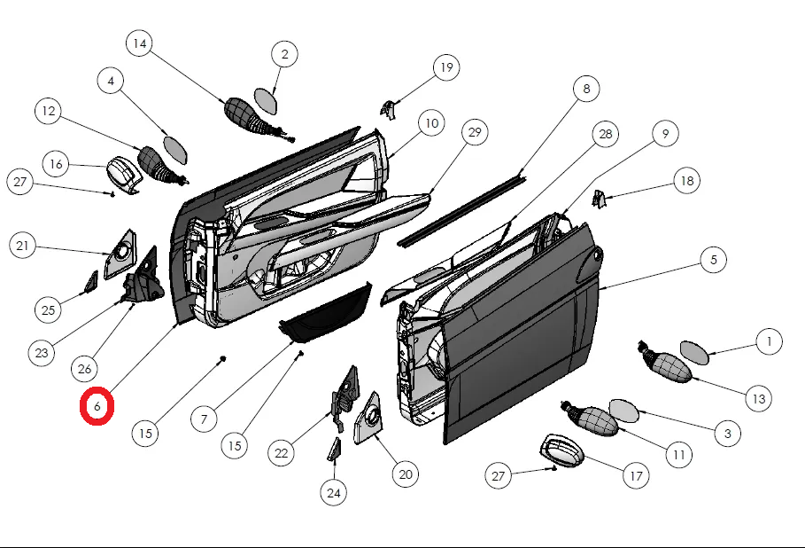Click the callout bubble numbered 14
[139, 43]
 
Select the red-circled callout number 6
[97, 406]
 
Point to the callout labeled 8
[585, 89]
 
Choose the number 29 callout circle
[475, 134]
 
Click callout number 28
[606, 135]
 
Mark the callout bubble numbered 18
[685, 181]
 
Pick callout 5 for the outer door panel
[713, 261]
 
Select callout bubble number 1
[769, 341]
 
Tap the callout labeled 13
[758, 399]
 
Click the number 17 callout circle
[635, 476]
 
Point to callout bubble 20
[406, 474]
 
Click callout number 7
[204, 418]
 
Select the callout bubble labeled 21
[23, 246]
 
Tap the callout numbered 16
[56, 164]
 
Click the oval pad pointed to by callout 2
[266, 100]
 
